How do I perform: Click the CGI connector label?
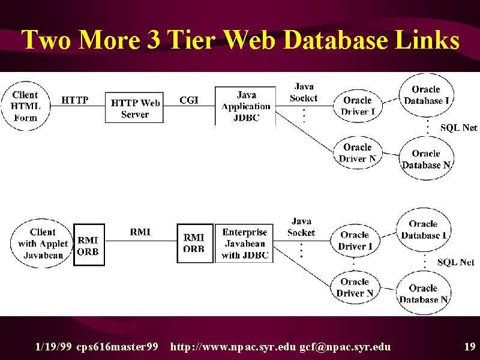point(189,100)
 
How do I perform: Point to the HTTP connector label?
point(75,100)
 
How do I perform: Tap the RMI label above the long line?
point(140,232)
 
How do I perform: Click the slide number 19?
point(470,347)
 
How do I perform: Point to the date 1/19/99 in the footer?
point(53,347)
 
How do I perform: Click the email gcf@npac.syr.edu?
point(345,347)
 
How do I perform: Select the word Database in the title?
point(336,40)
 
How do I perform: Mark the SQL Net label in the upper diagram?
point(458,127)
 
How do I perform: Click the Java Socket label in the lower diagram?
point(301,227)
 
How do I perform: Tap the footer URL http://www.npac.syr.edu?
point(233,347)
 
